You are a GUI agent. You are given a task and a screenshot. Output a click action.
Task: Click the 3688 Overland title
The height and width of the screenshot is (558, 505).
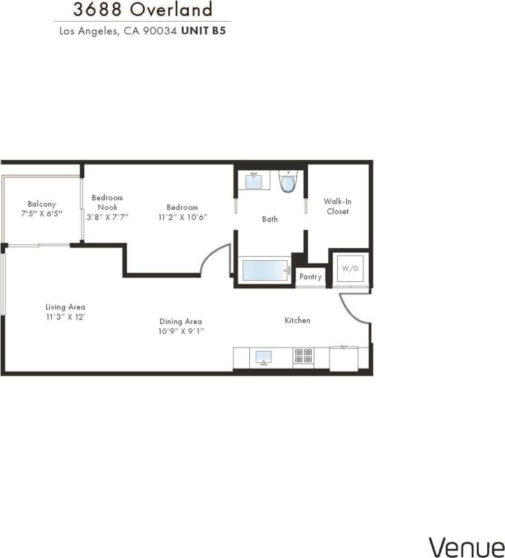point(142,10)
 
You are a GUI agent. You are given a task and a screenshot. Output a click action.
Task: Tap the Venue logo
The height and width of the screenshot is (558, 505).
point(466,547)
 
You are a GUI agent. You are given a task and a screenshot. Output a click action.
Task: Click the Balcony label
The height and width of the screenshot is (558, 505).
point(42,204)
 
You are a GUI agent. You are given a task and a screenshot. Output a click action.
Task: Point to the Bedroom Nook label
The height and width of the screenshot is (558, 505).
point(107,202)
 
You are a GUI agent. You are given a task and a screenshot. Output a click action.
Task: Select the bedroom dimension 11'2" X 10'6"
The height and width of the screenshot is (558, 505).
point(182,217)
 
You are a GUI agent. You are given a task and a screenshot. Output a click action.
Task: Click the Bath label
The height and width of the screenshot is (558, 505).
point(270,219)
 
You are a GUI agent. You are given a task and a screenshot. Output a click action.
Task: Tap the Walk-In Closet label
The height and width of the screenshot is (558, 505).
point(337,206)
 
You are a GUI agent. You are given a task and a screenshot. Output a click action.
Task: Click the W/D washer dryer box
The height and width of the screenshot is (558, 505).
point(350,269)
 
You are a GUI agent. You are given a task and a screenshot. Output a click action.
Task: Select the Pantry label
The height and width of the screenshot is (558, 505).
point(311,277)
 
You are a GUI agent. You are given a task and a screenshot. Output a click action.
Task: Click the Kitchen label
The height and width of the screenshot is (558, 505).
point(297,320)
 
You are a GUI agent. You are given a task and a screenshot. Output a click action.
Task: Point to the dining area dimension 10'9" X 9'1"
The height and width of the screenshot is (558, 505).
point(182,332)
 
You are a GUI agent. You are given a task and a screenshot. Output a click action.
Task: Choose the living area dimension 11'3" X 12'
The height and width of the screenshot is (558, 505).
point(65,316)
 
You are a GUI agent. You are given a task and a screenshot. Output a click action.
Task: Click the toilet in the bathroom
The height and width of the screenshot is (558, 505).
point(289,182)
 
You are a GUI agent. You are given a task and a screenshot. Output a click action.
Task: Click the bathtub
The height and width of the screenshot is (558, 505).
point(264,270)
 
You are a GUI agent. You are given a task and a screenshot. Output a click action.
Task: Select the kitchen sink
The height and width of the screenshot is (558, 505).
point(263,357)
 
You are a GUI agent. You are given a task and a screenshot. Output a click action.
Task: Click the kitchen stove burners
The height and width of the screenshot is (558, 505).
point(303,356)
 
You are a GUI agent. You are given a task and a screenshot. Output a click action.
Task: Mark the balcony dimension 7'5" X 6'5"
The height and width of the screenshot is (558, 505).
point(42,214)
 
